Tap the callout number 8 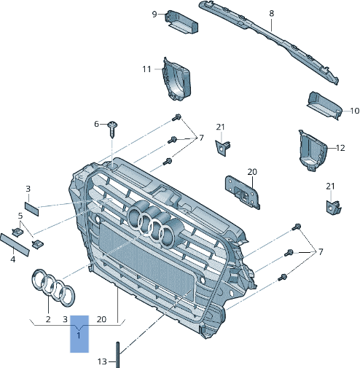coord(271,13)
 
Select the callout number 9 coord(154,14)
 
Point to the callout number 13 coord(103,361)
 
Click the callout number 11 coord(146,69)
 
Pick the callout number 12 coord(340,147)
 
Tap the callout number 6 coord(96,124)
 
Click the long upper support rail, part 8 coord(270,40)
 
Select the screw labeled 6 coord(111,129)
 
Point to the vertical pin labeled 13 coord(116,351)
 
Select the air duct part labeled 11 coord(176,78)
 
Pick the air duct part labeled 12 coord(310,151)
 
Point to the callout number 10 coord(354,111)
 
